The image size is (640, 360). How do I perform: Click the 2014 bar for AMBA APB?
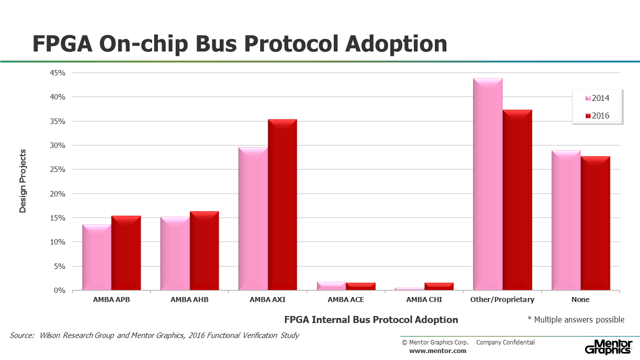click(x=97, y=257)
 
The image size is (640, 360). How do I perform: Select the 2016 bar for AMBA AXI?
click(x=282, y=204)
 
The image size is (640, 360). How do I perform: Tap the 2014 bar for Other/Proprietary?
click(x=488, y=184)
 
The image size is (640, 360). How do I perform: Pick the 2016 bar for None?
click(x=595, y=223)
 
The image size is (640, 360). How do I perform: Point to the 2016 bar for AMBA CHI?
click(x=439, y=286)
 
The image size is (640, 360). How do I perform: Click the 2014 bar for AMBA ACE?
click(x=331, y=286)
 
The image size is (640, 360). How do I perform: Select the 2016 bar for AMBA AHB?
click(x=204, y=250)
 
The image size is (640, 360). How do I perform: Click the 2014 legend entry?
click(x=597, y=98)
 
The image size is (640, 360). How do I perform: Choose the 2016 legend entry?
click(x=597, y=115)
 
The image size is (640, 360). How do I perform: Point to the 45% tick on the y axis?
click(x=58, y=73)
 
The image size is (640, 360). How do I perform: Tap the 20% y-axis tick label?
click(x=58, y=194)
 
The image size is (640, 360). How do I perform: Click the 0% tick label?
click(x=60, y=290)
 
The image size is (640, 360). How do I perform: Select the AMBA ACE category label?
click(x=346, y=299)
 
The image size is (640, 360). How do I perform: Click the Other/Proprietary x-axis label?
click(x=502, y=299)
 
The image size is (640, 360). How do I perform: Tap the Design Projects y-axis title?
click(x=23, y=181)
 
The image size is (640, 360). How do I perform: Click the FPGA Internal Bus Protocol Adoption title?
click(x=371, y=319)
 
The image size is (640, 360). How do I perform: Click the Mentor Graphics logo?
click(x=608, y=347)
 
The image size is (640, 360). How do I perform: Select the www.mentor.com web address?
click(x=438, y=351)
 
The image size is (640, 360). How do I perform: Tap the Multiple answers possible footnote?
click(x=576, y=319)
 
